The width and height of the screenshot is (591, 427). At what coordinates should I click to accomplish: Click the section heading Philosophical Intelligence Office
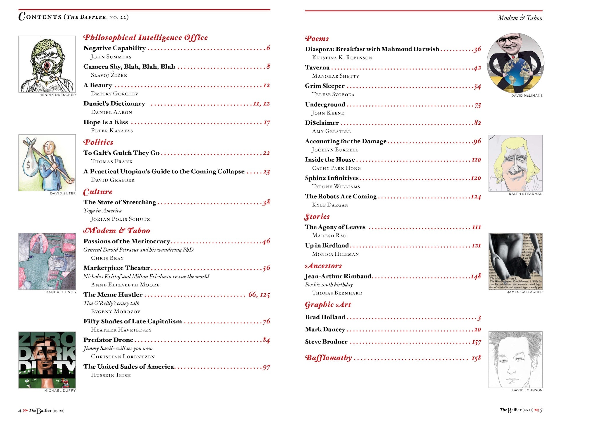(145, 38)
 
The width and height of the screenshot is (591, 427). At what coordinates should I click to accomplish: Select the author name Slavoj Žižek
(109, 75)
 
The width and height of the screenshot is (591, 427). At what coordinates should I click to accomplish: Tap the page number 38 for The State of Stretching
(266, 202)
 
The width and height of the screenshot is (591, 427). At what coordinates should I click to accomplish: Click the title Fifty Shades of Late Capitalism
(133, 321)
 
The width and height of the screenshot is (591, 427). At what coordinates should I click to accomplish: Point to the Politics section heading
(98, 142)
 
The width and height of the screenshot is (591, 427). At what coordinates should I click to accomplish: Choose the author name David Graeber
(113, 180)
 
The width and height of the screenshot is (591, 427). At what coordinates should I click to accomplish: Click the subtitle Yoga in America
(102, 211)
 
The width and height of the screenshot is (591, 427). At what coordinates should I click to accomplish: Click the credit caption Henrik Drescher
(57, 95)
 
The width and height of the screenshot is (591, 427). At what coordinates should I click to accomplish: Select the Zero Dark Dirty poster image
(47, 360)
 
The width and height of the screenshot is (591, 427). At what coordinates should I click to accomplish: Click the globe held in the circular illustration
(515, 72)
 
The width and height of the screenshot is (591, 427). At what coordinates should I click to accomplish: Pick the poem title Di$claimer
(322, 123)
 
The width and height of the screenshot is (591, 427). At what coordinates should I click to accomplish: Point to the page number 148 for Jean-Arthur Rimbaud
(476, 276)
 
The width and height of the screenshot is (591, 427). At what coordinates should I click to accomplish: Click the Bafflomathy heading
(328, 358)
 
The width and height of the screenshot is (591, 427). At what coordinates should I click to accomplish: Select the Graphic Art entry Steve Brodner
(326, 342)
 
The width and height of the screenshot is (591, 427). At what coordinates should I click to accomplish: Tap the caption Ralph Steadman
(525, 194)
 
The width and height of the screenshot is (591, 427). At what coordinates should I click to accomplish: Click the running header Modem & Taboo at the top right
(520, 18)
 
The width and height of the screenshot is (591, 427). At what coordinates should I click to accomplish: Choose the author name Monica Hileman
(335, 254)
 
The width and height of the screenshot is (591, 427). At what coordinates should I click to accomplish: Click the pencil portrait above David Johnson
(515, 360)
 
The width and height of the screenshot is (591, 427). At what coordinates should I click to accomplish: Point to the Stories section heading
(317, 217)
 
